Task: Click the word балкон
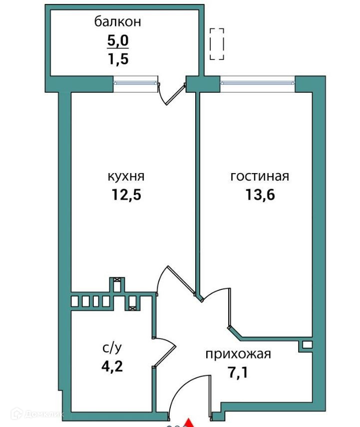tap(118, 22)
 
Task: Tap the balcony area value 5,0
tap(118, 40)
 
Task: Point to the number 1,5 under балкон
tap(118, 59)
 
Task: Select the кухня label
tap(126, 177)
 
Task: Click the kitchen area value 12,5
tap(126, 195)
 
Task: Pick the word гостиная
tap(260, 177)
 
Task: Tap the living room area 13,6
tap(260, 195)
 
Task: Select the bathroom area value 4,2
tap(111, 367)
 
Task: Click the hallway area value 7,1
tap(238, 372)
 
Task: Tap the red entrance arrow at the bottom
tap(189, 423)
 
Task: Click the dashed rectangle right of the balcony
tap(217, 44)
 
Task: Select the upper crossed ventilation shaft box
tap(117, 281)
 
